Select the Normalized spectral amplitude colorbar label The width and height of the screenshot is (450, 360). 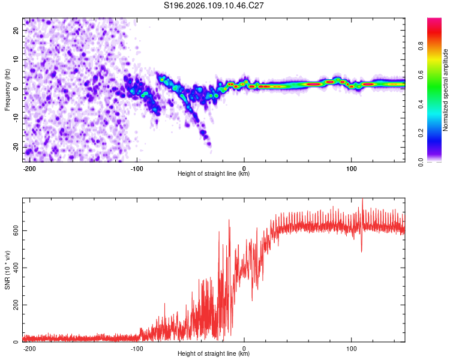pyautogui.click(x=445, y=91)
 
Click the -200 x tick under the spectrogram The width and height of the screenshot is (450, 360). pyautogui.click(x=29, y=168)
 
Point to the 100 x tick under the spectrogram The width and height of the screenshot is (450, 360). pyautogui.click(x=351, y=168)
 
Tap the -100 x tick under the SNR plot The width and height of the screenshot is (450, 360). pyautogui.click(x=137, y=348)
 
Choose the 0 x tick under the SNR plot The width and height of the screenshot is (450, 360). pyautogui.click(x=244, y=348)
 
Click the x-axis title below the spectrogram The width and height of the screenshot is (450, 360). pyautogui.click(x=214, y=174)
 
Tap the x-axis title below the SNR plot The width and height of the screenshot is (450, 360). pyautogui.click(x=214, y=354)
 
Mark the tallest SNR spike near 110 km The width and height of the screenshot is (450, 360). pyautogui.click(x=362, y=200)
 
